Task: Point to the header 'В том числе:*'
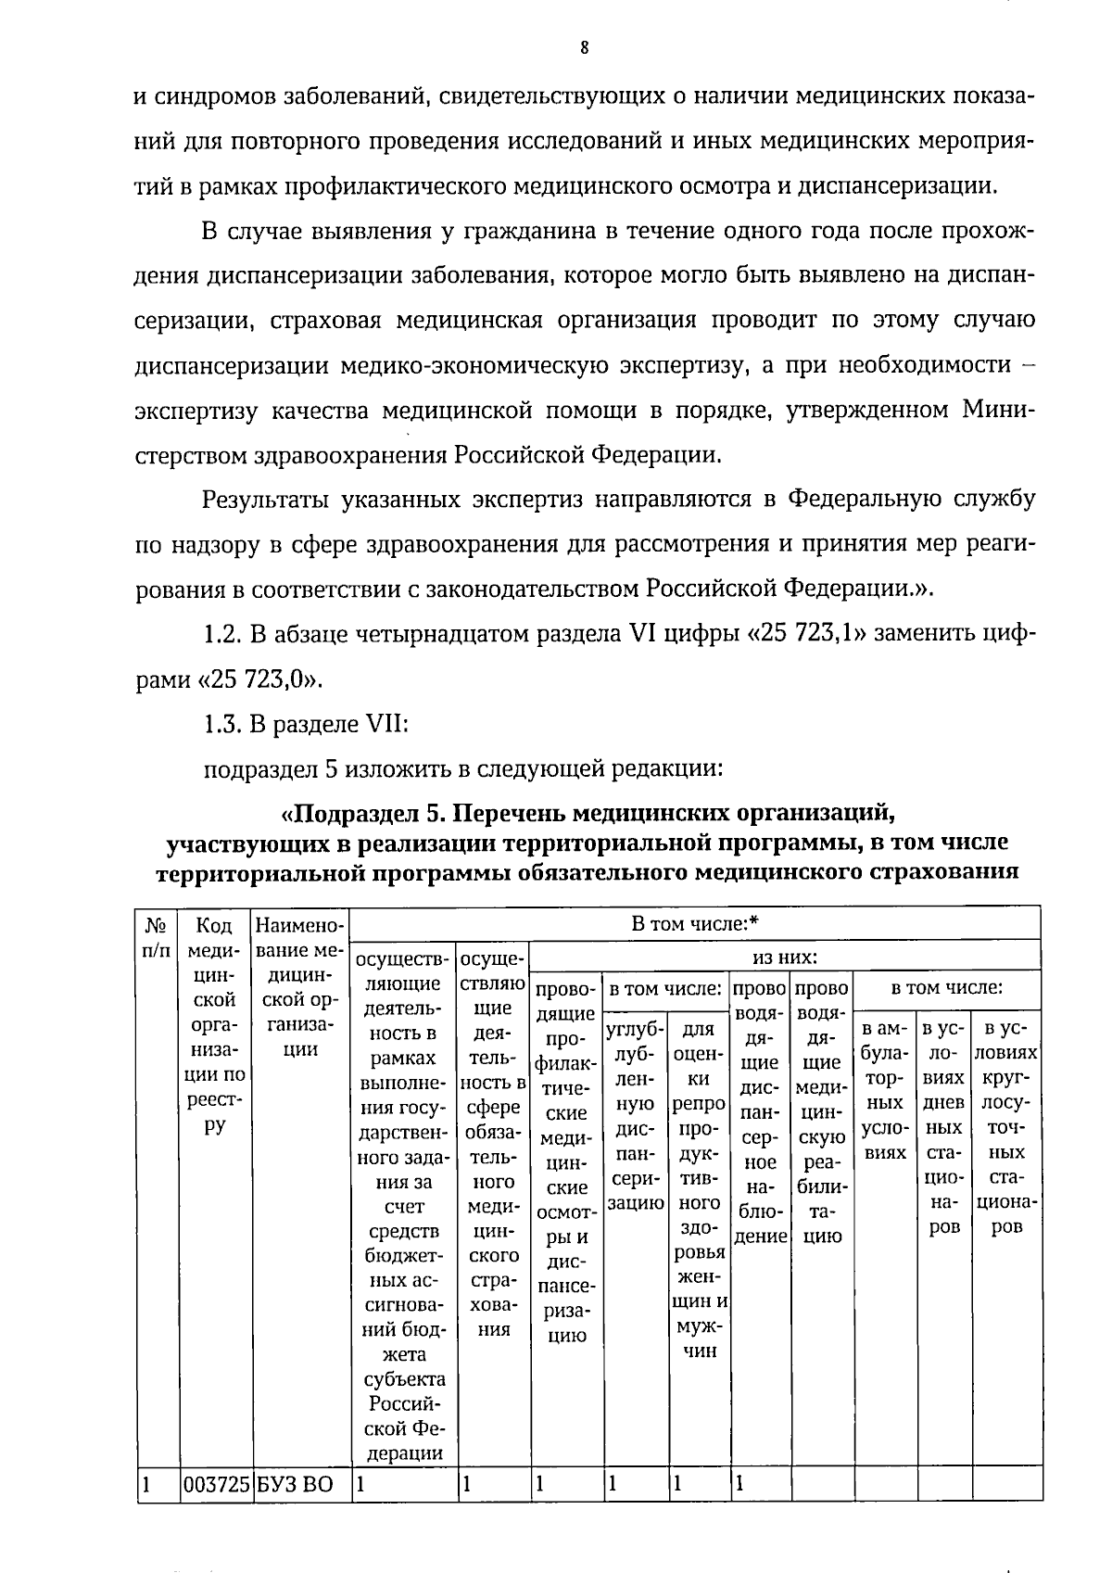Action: pyautogui.click(x=695, y=923)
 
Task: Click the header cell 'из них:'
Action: pyautogui.click(x=785, y=956)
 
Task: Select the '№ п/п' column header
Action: pyautogui.click(x=156, y=937)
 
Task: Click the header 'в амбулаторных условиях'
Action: pyautogui.click(x=885, y=1091)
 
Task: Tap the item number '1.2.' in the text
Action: pyautogui.click(x=221, y=635)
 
